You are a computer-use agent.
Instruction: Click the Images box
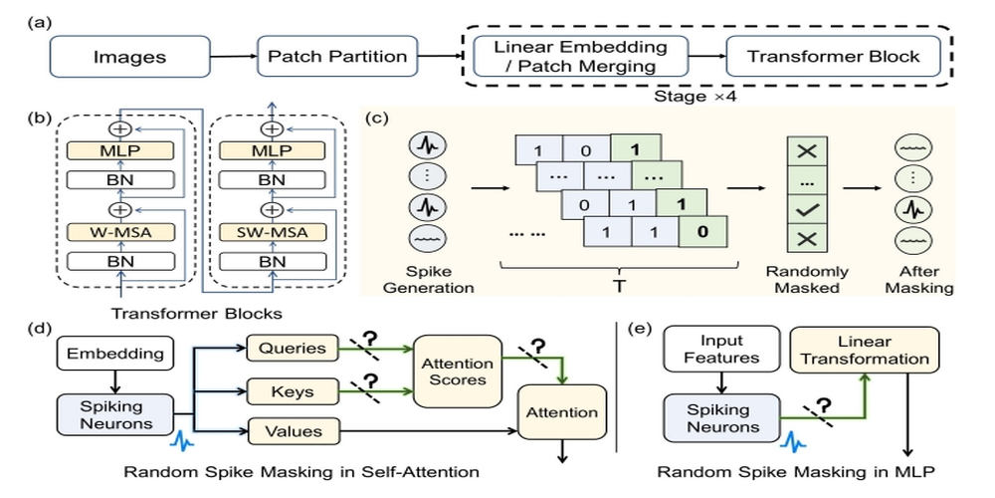pos(128,57)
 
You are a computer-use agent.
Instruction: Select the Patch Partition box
pos(337,57)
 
